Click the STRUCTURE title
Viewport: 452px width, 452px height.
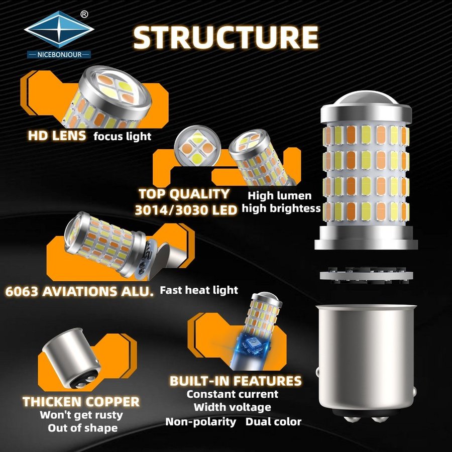225,38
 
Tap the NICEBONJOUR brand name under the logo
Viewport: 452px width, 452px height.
59,54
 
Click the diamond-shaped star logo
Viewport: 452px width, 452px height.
59,29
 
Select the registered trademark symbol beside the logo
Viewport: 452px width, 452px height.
84,14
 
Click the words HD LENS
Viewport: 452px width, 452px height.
57,136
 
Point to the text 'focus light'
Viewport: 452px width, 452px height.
122,136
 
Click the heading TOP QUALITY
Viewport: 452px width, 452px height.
184,194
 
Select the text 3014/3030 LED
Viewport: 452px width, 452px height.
186,210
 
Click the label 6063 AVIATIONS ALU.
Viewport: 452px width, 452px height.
79,291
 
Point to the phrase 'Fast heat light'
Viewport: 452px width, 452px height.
199,290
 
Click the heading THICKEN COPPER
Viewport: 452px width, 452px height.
81,402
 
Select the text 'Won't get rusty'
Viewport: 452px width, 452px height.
81,415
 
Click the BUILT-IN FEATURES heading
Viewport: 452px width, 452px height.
236,381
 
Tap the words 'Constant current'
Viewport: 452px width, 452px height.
233,394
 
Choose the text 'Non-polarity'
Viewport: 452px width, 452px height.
200,422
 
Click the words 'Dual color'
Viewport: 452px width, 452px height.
273,422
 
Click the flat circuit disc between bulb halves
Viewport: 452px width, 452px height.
366,274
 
